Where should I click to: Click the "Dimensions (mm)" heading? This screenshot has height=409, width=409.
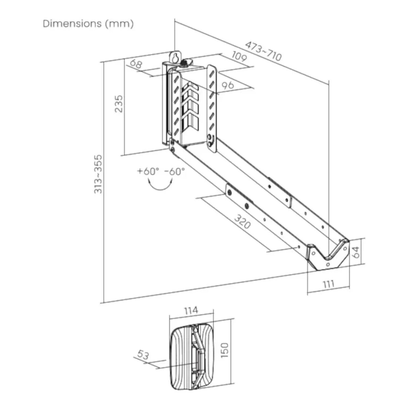tap(88, 24)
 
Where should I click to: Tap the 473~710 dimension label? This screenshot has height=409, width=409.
tap(263, 51)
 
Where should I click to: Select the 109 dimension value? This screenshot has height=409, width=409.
tap(239, 56)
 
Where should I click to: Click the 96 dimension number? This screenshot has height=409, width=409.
tap(228, 85)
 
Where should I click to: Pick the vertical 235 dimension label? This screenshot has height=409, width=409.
tap(119, 104)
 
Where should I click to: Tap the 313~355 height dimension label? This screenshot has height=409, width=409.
tap(98, 174)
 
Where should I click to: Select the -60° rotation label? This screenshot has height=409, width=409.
tap(175, 171)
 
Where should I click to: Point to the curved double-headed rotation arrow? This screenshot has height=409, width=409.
tap(160, 188)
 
